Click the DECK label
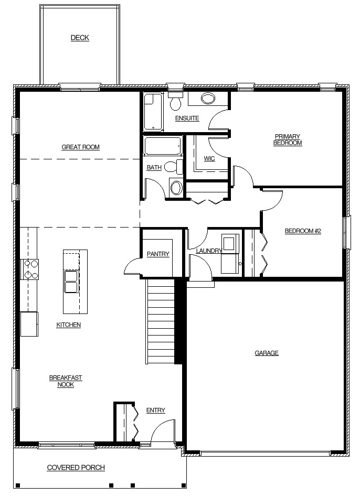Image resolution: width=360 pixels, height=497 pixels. coord(80,38)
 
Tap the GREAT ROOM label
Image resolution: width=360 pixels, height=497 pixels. coord(81,147)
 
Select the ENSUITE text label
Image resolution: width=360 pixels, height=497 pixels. coord(187,118)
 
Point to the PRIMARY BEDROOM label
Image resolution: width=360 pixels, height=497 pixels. coord(288,140)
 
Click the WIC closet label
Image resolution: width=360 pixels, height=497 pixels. coord(209,158)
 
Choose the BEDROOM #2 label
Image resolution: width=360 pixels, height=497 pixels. coord(303,231)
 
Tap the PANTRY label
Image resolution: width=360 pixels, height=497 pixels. coord(158,254)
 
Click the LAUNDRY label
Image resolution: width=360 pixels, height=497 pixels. coord(209,251)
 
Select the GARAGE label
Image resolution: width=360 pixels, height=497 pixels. coord(267,353)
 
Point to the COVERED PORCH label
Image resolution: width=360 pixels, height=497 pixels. coord(76,468)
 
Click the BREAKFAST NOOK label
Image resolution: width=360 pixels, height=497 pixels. coord(66,381)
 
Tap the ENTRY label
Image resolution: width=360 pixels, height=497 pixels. coord(156,410)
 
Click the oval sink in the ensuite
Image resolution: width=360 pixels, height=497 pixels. coord(208,99)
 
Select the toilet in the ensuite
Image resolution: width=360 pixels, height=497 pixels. coord(175,101)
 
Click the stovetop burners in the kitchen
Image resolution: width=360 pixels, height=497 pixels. coord(30,269)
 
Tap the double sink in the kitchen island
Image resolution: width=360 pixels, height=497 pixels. coord(71,282)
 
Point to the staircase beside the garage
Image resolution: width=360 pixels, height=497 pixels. coord(161,321)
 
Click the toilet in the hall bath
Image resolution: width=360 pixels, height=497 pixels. coord(174,167)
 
